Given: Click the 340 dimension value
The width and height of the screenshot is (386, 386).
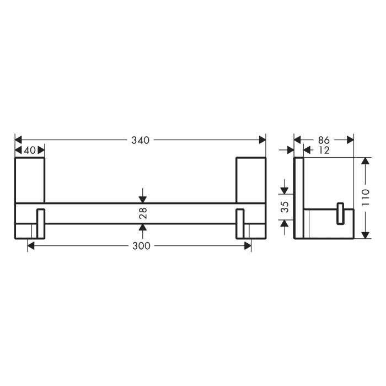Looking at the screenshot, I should point(141,140).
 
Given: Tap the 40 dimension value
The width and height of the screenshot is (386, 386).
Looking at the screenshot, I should point(30,151).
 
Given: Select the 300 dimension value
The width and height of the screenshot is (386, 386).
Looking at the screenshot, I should point(142,246).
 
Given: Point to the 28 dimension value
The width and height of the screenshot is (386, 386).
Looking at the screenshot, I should point(143,213).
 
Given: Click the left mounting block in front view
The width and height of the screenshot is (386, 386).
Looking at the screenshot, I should point(29,180).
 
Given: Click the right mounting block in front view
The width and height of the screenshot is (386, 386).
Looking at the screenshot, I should point(251,180).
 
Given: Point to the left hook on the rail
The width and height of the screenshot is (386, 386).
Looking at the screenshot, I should point(40,223).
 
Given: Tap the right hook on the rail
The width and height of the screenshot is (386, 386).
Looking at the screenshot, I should point(240,223).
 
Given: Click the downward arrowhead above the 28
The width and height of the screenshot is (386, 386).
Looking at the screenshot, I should point(143,199).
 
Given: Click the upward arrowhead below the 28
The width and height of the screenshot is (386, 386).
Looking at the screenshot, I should point(143,227).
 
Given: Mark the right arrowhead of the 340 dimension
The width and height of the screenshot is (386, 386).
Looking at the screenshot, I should point(262,140).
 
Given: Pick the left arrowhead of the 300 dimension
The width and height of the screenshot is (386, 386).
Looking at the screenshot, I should point(31,246).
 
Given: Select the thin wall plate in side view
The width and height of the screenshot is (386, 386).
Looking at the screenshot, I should point(298,199).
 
